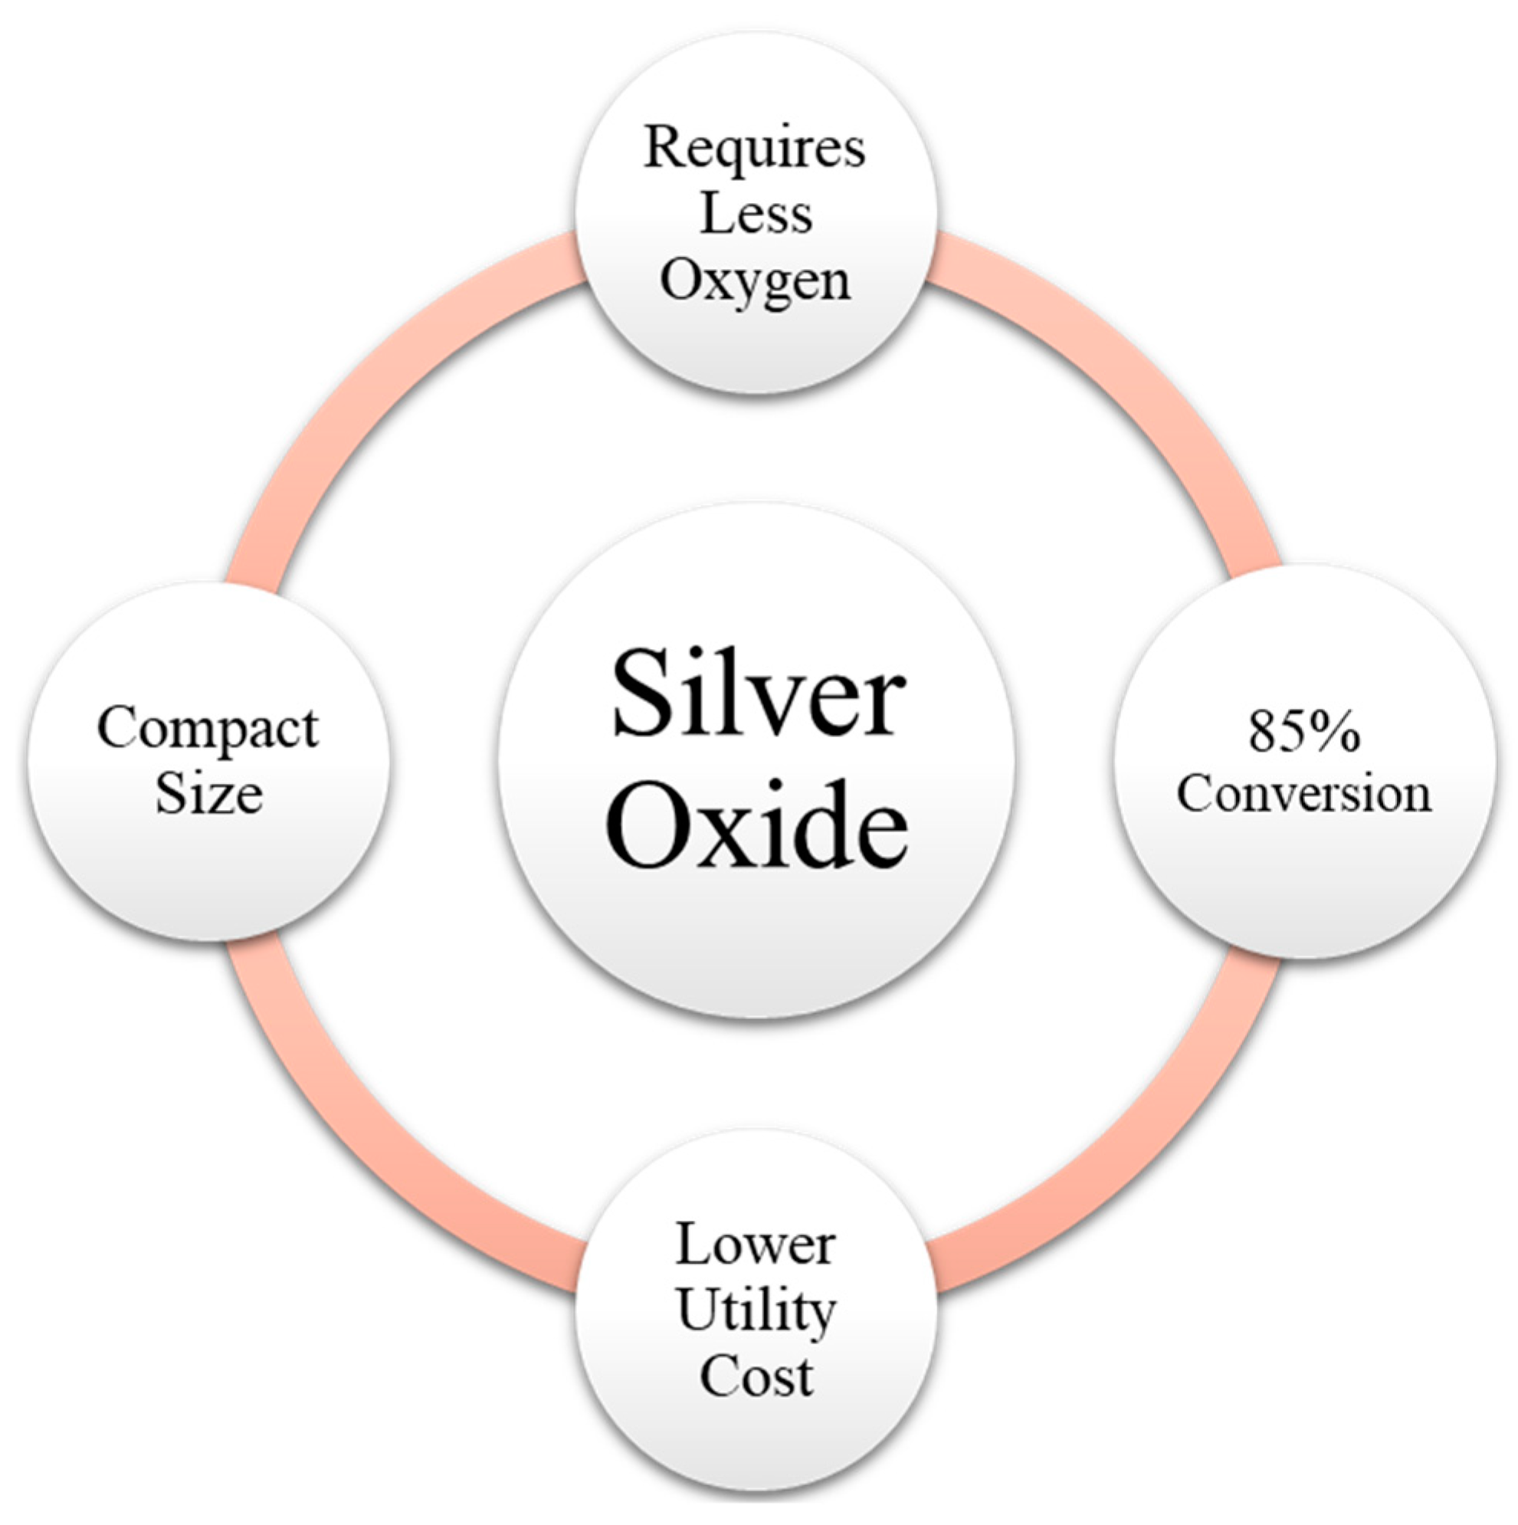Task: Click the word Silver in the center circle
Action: pos(758,693)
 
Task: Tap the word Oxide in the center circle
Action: pos(758,823)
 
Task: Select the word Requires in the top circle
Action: pos(755,149)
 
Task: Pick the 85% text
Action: pos(1304,731)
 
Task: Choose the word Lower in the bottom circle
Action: pos(756,1245)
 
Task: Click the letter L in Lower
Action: pos(691,1245)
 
